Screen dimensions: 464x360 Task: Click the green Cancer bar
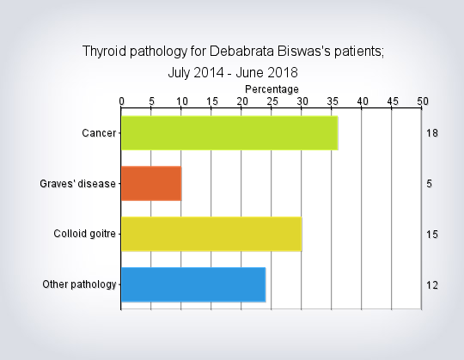point(229,133)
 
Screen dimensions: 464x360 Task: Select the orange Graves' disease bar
point(151,184)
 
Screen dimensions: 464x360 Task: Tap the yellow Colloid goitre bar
point(211,234)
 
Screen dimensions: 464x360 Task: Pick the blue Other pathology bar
point(193,284)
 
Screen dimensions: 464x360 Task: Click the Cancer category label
point(99,133)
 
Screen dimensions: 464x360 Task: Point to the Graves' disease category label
point(77,184)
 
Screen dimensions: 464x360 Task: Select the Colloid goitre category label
point(84,234)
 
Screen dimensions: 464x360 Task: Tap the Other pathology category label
point(79,284)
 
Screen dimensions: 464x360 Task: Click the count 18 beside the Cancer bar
point(432,133)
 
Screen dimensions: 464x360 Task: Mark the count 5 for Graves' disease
point(430,184)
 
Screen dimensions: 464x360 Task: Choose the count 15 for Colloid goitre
point(432,235)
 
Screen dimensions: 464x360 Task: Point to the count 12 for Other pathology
point(432,285)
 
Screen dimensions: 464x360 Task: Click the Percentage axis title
point(272,89)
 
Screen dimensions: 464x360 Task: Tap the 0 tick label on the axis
point(122,101)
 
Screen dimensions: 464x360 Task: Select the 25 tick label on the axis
point(272,101)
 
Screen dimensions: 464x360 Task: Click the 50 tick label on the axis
point(423,101)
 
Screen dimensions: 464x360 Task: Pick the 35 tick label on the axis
point(333,101)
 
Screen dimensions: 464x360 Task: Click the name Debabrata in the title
point(241,52)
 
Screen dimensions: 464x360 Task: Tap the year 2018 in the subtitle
point(283,72)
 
